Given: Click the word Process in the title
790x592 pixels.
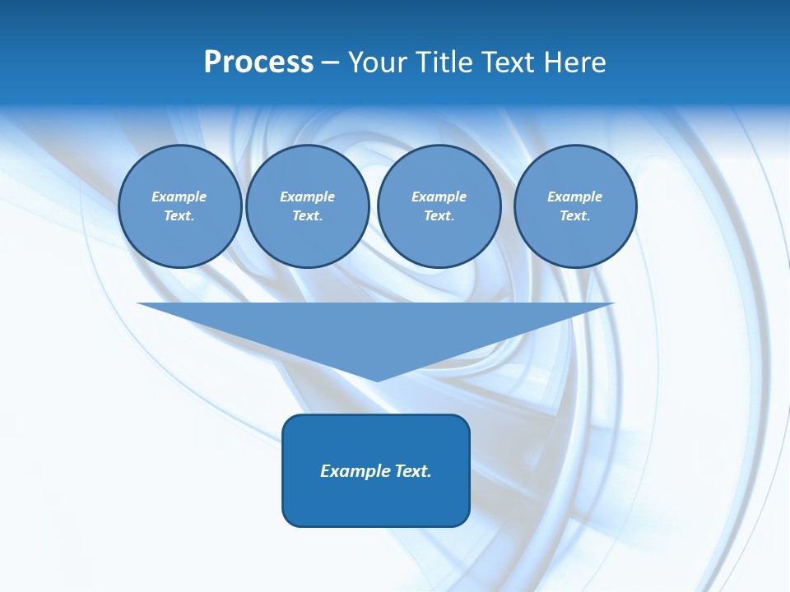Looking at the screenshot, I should pyautogui.click(x=258, y=62).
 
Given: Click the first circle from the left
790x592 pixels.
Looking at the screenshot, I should pyautogui.click(x=179, y=206).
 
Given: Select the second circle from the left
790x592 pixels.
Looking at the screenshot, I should pyautogui.click(x=307, y=206).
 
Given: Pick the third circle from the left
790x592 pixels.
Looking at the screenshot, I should pyautogui.click(x=439, y=206).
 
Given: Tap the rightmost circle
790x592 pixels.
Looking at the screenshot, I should pyautogui.click(x=575, y=206).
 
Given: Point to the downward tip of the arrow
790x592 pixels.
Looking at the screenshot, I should pyautogui.click(x=377, y=379).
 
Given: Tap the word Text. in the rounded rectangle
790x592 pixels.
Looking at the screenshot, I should pyautogui.click(x=412, y=471).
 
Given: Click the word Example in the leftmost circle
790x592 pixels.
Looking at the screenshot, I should pyautogui.click(x=179, y=197).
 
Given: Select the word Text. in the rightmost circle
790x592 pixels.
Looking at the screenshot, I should pyautogui.click(x=575, y=216).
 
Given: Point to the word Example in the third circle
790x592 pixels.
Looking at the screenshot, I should pyautogui.click(x=439, y=197).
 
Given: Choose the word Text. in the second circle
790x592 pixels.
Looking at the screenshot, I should pyautogui.click(x=307, y=216).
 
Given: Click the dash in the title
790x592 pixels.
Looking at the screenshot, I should pyautogui.click(x=330, y=63).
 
